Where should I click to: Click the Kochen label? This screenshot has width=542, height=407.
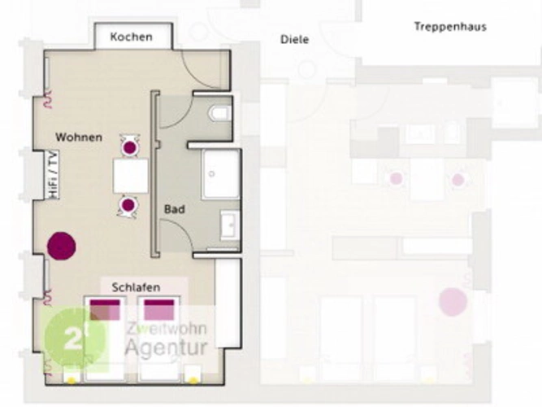tap(132, 37)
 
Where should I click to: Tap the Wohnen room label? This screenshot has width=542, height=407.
tap(79, 138)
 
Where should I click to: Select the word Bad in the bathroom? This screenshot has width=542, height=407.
tap(175, 209)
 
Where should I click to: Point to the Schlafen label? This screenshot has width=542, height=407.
tap(137, 287)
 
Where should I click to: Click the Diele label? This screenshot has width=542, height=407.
tap(294, 39)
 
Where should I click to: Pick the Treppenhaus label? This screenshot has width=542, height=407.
tap(450, 27)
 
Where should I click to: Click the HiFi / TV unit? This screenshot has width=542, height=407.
tap(52, 175)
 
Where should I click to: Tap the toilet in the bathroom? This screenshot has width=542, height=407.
tap(220, 113)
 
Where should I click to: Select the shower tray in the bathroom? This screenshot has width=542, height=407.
tap(221, 174)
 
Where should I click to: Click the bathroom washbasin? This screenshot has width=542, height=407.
tap(230, 225)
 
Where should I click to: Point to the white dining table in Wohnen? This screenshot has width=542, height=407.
tap(131, 176)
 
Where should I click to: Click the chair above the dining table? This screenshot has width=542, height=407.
tap(130, 147)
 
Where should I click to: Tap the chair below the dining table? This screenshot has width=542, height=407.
tap(128, 206)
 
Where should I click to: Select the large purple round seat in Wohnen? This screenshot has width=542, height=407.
tap(62, 246)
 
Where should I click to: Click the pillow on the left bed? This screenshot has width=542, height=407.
tap(105, 309)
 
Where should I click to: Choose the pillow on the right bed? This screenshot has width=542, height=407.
tap(159, 309)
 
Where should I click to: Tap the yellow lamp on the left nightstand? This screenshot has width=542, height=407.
tap(72, 381)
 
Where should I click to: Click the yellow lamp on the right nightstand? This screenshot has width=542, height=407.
tap(193, 381)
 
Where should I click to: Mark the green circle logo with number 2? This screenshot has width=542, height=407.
tap(75, 338)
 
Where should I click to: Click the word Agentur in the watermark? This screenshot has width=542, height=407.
tap(167, 348)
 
